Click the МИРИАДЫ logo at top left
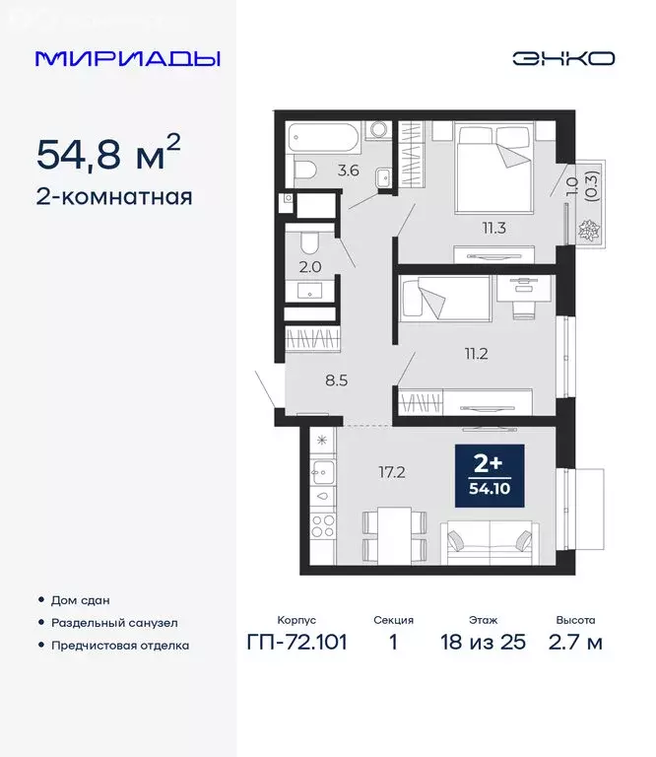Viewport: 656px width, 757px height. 128,58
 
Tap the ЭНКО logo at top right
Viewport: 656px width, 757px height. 562,58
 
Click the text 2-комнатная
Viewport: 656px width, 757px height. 114,196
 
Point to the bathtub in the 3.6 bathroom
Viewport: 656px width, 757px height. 324,137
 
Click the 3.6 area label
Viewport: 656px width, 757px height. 347,170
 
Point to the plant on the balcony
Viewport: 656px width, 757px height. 591,233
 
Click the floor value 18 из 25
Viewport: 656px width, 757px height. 484,644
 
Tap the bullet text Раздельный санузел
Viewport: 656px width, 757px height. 115,623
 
